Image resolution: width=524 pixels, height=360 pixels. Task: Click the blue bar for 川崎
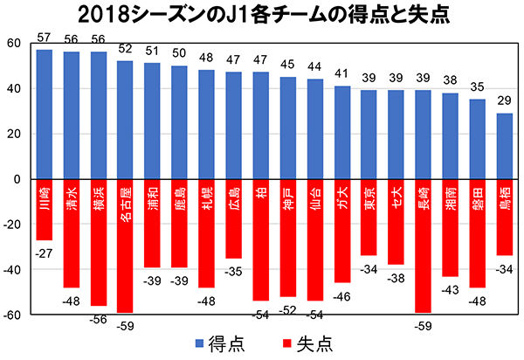[x=45, y=114]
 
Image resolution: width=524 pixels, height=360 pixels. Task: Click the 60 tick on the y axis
[x=14, y=44]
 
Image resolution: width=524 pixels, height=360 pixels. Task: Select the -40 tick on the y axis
[x=12, y=269]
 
